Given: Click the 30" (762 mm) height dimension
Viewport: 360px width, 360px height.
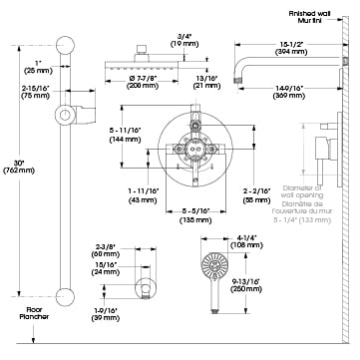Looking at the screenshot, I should tap(15, 169).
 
